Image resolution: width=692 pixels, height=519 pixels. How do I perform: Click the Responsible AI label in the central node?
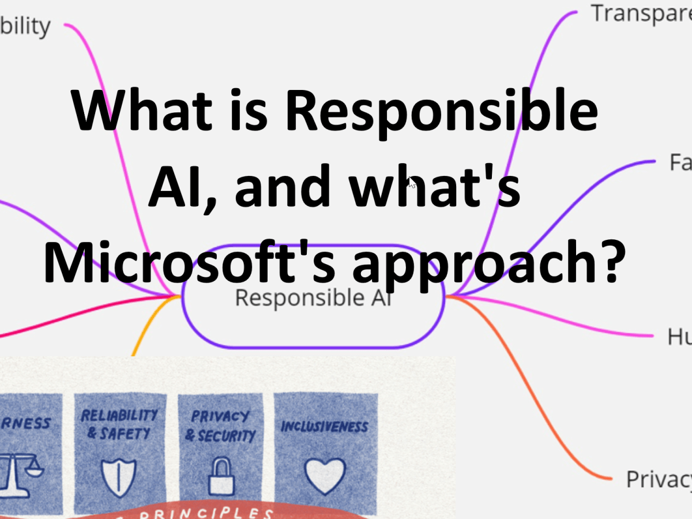click(313, 298)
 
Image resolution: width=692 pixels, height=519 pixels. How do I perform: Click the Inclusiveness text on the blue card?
click(325, 427)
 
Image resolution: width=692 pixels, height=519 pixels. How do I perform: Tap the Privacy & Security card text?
click(220, 425)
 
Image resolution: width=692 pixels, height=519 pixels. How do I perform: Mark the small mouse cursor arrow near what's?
click(412, 184)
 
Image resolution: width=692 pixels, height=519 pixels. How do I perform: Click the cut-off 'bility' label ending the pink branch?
click(25, 26)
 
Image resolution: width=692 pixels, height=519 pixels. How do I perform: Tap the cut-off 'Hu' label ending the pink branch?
click(679, 336)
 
